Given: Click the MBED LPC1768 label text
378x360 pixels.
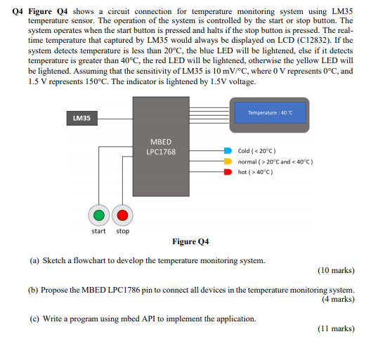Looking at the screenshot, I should click(160, 147).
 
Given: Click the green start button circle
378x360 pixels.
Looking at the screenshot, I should click(100, 215).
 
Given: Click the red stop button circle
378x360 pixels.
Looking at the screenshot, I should click(123, 215).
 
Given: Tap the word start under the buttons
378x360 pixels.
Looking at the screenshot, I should click(99, 231).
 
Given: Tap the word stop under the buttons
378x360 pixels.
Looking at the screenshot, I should click(123, 231).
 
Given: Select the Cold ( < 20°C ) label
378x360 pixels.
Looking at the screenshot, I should click(256, 151).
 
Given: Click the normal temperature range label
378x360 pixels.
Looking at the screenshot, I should click(275, 161).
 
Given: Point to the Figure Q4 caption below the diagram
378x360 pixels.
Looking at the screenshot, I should click(190, 242).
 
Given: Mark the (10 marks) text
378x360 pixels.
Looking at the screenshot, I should click(335, 270).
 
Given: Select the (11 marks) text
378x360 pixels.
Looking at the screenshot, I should click(336, 328).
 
